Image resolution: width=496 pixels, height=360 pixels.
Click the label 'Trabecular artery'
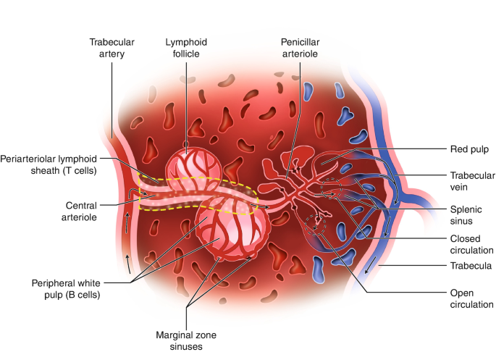tap(112, 49)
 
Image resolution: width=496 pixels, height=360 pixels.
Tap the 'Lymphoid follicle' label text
tap(187, 49)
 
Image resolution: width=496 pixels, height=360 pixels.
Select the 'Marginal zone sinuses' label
tap(185, 340)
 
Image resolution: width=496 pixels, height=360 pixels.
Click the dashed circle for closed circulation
tap(332, 190)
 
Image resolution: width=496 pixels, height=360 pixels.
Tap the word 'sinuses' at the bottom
tap(185, 346)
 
